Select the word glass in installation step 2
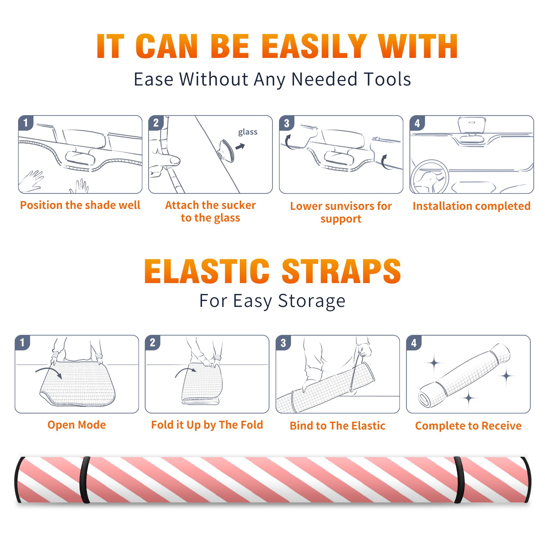tap(248, 132)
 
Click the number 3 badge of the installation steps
tap(286, 123)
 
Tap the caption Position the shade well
tap(80, 205)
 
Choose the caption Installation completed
tap(471, 206)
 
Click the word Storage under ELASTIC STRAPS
tap(312, 301)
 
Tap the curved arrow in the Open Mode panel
tap(49, 371)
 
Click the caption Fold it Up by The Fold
tap(207, 425)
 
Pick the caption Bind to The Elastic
tap(338, 426)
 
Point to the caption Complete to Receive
tap(468, 426)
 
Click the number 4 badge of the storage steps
tap(414, 343)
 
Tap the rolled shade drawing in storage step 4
tap(464, 375)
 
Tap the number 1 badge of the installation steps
tap(26, 123)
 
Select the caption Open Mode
tap(77, 425)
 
